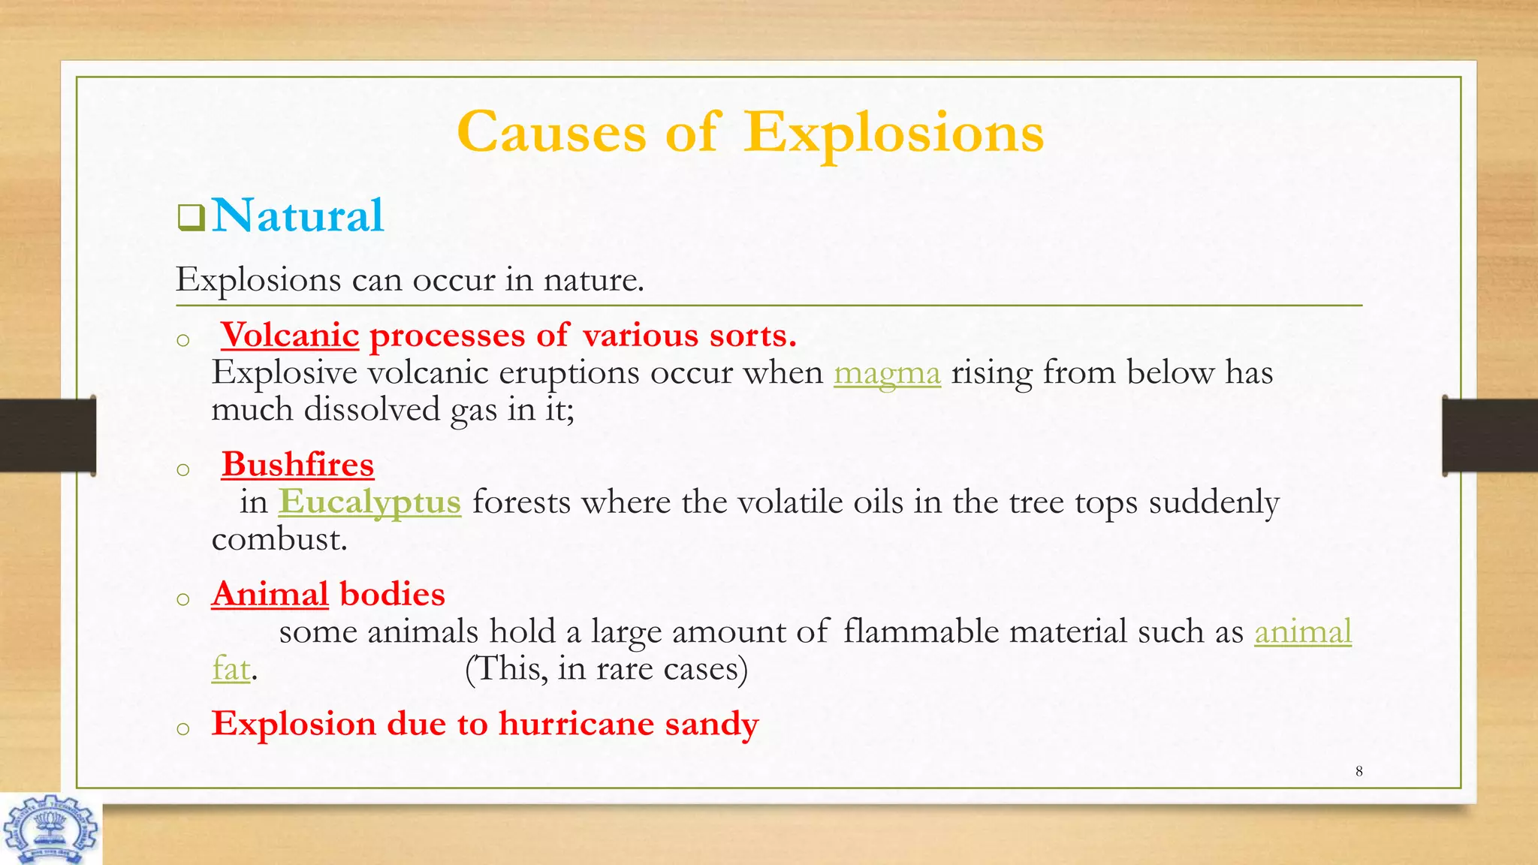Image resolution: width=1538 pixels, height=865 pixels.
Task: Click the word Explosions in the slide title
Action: tap(894, 133)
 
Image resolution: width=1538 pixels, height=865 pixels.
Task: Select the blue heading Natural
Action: tap(297, 215)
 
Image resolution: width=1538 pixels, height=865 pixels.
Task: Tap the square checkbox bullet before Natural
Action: tap(191, 218)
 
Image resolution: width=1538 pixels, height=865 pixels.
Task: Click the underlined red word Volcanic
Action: tap(290, 335)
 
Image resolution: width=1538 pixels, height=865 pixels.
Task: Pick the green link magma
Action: tap(887, 373)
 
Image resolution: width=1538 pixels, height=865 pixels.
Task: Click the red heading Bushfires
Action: tap(297, 465)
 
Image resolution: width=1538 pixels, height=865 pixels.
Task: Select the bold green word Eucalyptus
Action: tap(369, 502)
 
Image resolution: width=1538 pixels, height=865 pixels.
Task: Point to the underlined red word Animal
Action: tap(270, 595)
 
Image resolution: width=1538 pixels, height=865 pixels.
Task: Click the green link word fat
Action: tap(231, 668)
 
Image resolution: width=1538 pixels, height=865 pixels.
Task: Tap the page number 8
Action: tap(1359, 771)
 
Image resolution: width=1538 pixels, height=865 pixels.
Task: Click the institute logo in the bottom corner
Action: tap(50, 829)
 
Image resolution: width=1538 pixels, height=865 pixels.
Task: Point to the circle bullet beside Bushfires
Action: tap(182, 470)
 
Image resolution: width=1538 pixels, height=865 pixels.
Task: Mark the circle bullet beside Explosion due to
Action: tap(182, 728)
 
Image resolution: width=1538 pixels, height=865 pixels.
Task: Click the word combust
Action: tap(279, 539)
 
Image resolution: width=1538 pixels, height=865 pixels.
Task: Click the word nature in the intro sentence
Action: tap(593, 280)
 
